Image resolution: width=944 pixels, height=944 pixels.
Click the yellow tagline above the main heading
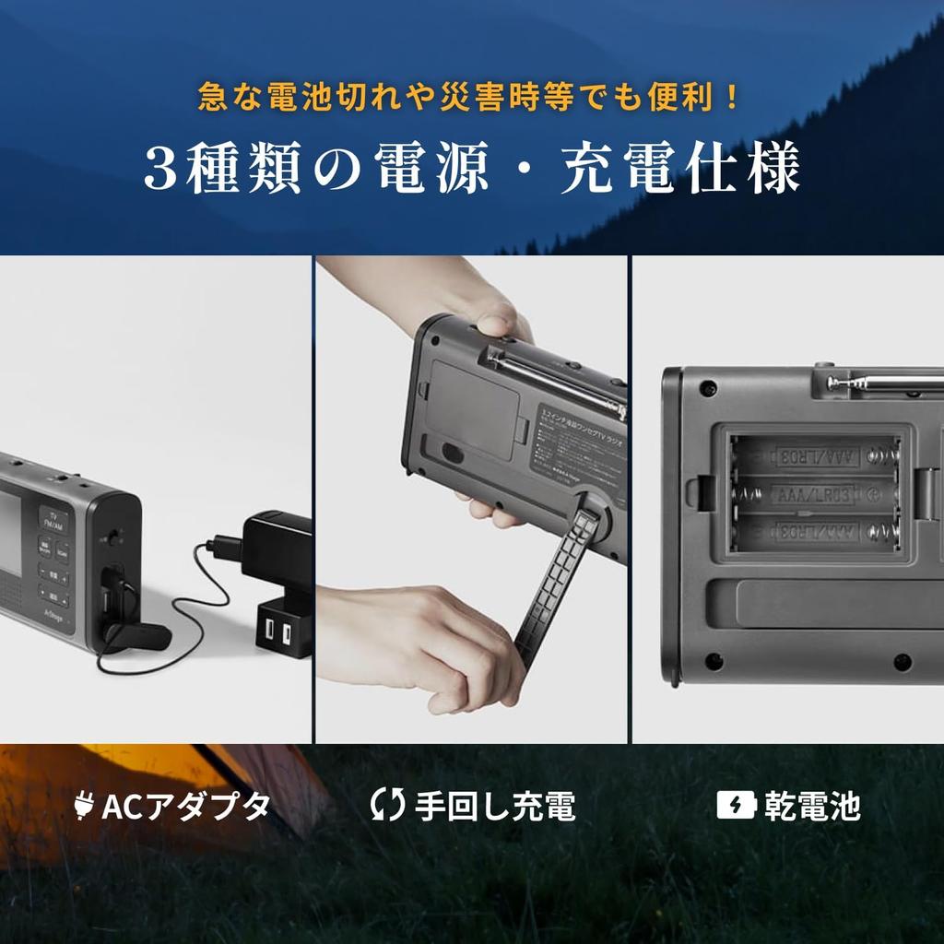tap(470, 97)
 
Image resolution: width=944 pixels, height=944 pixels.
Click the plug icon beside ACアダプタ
tap(84, 807)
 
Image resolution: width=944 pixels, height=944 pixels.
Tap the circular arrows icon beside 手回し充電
tap(387, 805)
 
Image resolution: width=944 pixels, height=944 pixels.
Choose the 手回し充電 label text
tap(495, 806)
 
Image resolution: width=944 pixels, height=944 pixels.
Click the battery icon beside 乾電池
tap(737, 806)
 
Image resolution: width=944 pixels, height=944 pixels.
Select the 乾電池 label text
tap(811, 806)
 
